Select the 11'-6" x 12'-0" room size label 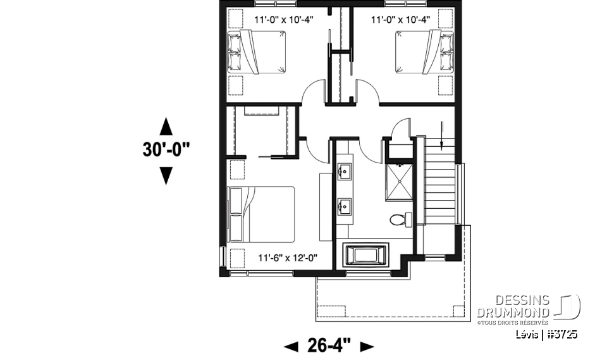click(287, 258)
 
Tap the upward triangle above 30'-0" click(166, 126)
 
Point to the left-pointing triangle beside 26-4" click(291, 347)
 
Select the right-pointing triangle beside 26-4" click(367, 347)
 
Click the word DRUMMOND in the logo click(513, 312)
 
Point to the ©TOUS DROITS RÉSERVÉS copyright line click(513, 322)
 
